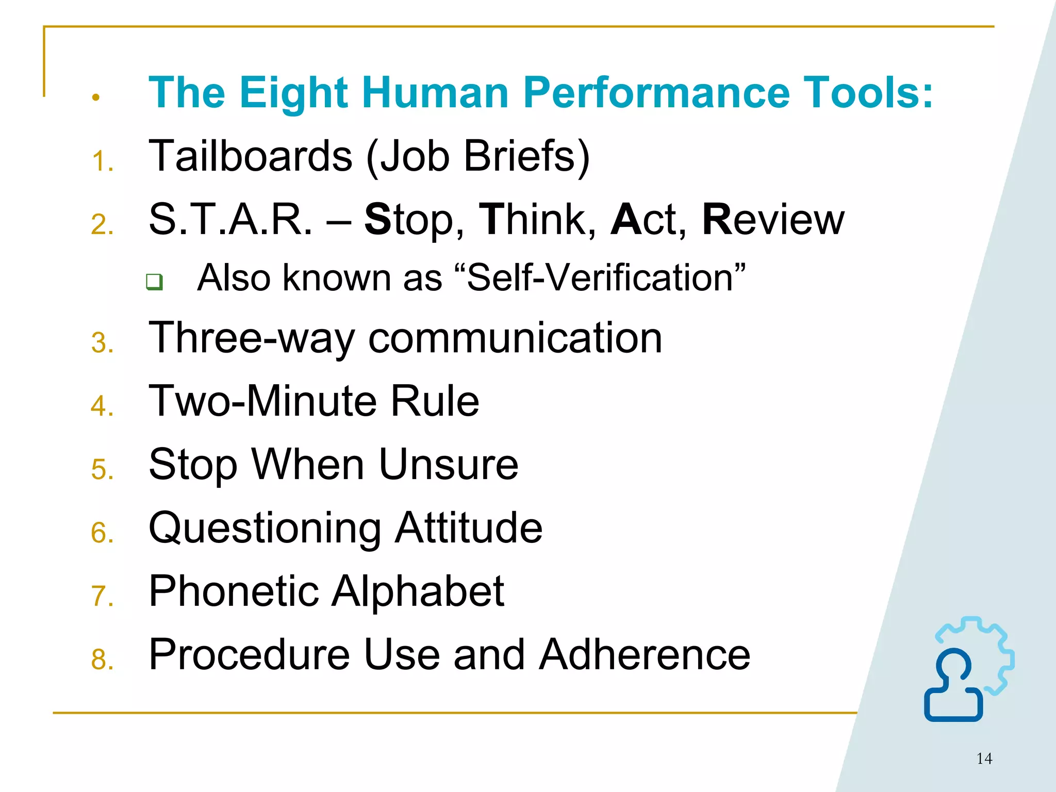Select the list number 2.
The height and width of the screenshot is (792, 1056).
pyautogui.click(x=102, y=225)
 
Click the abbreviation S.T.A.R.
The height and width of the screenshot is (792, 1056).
pyautogui.click(x=230, y=220)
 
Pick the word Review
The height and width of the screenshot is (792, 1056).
pyautogui.click(x=773, y=220)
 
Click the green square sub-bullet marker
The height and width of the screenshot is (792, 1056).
pyautogui.click(x=154, y=282)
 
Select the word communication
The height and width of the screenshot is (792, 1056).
pyautogui.click(x=515, y=338)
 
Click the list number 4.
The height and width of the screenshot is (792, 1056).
pyautogui.click(x=102, y=406)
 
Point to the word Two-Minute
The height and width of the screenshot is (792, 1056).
pyautogui.click(x=262, y=401)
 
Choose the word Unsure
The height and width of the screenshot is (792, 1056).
pyautogui.click(x=448, y=464)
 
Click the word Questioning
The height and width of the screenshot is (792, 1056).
pyautogui.click(x=265, y=528)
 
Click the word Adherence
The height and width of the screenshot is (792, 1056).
pyautogui.click(x=644, y=654)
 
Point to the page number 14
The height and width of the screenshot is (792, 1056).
pyautogui.click(x=984, y=758)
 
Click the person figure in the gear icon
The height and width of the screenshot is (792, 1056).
pyautogui.click(x=953, y=686)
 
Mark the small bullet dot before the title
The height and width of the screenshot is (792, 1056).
pyautogui.click(x=95, y=97)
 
